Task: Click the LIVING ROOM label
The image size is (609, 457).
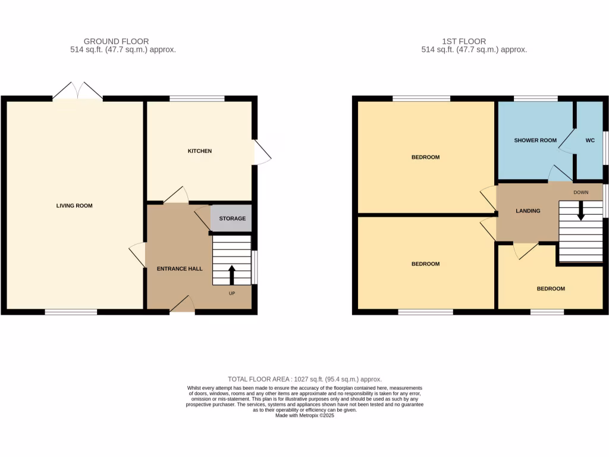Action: pyautogui.click(x=74, y=206)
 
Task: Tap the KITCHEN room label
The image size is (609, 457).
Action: pyautogui.click(x=200, y=151)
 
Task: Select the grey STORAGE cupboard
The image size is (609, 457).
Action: pyautogui.click(x=232, y=218)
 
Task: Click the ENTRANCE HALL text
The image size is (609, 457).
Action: pyautogui.click(x=180, y=269)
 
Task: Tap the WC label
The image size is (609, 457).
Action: pyautogui.click(x=590, y=140)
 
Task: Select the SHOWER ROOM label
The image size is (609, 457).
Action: pyautogui.click(x=535, y=140)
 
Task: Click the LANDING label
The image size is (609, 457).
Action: pyautogui.click(x=528, y=211)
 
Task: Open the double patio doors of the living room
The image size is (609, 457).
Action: pyautogui.click(x=77, y=91)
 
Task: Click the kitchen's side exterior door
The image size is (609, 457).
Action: pyautogui.click(x=262, y=152)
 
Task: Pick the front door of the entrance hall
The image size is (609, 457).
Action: pyautogui.click(x=182, y=305)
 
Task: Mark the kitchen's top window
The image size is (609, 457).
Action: pyautogui.click(x=197, y=98)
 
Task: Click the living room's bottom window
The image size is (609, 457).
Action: pyautogui.click(x=71, y=312)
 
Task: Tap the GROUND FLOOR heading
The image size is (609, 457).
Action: pyautogui.click(x=116, y=41)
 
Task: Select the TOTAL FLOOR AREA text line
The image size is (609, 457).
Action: pyautogui.click(x=304, y=379)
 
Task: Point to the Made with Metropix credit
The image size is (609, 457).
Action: pyautogui.click(x=304, y=416)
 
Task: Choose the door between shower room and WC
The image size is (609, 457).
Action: pyautogui.click(x=565, y=142)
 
